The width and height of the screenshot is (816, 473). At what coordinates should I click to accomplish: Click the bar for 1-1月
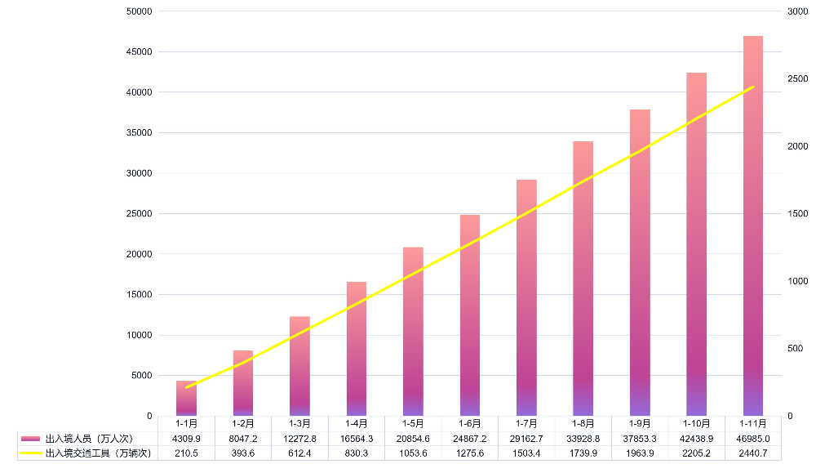tap(186, 399)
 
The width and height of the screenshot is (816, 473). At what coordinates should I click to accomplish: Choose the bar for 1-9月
tap(640, 262)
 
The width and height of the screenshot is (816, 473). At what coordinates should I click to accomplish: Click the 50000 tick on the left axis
tap(138, 11)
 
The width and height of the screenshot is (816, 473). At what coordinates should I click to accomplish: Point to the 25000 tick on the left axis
tap(138, 214)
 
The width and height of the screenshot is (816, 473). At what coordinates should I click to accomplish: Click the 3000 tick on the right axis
tap(797, 11)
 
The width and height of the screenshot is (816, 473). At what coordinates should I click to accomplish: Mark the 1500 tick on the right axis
tap(797, 214)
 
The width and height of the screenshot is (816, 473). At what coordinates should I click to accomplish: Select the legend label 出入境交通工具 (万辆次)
tap(98, 453)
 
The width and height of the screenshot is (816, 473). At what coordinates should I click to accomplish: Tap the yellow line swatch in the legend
tap(31, 453)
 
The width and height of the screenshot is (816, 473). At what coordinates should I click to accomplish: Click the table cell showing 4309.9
tap(186, 439)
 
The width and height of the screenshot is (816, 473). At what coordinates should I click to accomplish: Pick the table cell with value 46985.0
tap(753, 439)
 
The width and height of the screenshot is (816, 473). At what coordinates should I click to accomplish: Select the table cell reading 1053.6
tap(413, 453)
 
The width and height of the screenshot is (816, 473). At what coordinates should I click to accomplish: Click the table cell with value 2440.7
tap(753, 453)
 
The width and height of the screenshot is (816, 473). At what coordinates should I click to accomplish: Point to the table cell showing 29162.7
tap(526, 439)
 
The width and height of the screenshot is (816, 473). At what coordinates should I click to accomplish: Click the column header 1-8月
tap(583, 424)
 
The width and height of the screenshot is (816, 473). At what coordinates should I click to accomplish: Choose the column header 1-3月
tap(299, 424)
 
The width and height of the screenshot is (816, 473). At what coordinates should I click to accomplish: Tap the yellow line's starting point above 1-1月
tap(186, 387)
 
